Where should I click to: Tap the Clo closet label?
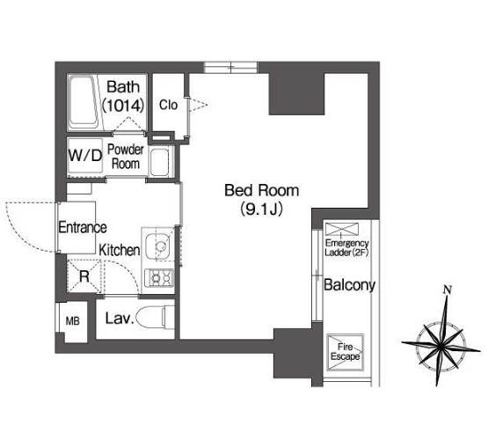click(168, 105)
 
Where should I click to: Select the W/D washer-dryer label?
click(85, 155)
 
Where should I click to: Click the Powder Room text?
click(126, 157)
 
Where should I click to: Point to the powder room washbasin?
click(159, 162)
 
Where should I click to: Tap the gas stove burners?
click(159, 277)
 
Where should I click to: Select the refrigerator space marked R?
click(84, 276)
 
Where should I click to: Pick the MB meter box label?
click(72, 321)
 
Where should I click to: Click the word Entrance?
click(83, 227)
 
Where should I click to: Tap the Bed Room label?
click(261, 190)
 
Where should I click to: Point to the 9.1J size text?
click(261, 209)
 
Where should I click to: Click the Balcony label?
click(349, 285)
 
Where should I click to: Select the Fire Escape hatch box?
click(345, 352)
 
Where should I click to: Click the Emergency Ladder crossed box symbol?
click(342, 229)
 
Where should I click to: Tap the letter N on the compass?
click(448, 290)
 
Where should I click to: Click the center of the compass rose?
click(441, 346)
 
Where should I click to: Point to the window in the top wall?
click(231, 67)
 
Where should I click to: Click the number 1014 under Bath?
click(123, 106)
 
